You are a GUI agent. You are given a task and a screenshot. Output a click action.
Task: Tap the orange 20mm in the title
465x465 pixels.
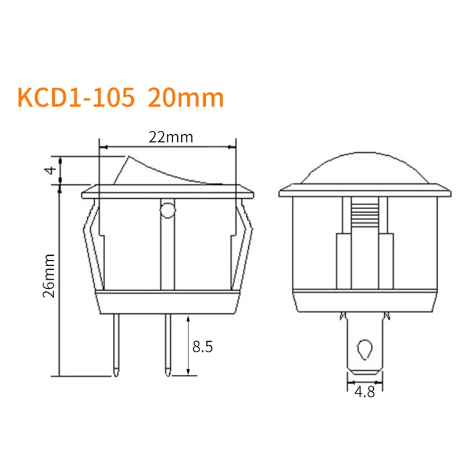point(186,98)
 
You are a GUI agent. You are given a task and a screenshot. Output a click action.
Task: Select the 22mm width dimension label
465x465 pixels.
point(169,137)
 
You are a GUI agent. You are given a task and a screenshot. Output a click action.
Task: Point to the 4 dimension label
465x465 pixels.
point(50,170)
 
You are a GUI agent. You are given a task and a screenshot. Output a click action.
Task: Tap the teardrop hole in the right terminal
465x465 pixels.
point(365,349)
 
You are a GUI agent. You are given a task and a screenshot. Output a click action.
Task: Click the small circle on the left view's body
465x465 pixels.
point(167,209)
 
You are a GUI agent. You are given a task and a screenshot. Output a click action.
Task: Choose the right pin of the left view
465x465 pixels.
point(168,343)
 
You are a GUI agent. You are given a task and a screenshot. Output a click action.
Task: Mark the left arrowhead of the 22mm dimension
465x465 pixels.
point(103,146)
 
